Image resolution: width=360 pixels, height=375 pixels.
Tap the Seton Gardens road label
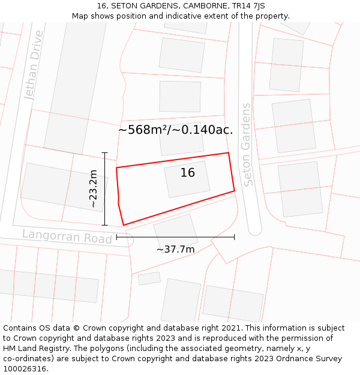point(247,145)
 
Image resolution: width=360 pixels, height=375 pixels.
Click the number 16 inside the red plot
point(188,173)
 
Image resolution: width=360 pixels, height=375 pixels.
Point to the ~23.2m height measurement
point(93,188)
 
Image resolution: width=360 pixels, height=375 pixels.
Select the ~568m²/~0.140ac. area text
point(175,130)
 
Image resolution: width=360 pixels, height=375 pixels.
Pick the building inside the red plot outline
point(187,179)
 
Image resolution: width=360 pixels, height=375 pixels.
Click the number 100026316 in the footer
point(25,369)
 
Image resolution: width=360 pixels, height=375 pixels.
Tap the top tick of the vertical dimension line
point(105,153)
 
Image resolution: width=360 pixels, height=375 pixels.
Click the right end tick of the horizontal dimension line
point(234,237)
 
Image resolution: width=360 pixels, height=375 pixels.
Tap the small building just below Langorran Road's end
point(149,278)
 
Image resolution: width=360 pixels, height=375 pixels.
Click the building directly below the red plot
point(176,231)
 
